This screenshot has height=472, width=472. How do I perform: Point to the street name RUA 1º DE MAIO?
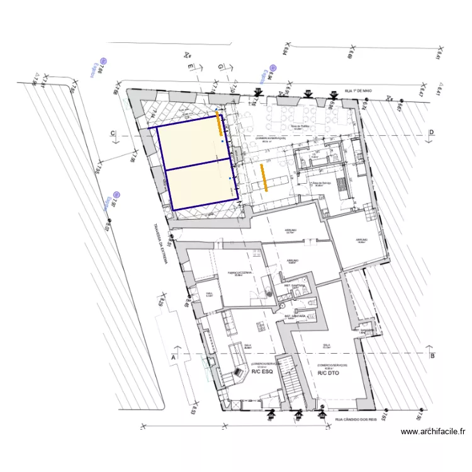pos(359,91)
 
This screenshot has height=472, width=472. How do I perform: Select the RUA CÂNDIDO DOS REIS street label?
pos(356,419)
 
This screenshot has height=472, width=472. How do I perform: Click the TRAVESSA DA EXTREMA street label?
pos(157,245)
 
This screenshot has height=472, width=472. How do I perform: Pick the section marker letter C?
pos(113,133)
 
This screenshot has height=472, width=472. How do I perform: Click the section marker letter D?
pos(432,132)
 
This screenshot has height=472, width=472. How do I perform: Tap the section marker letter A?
pos(172,357)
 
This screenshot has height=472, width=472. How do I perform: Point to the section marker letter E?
pos(188,66)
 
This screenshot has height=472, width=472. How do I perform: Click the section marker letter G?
pos(220,66)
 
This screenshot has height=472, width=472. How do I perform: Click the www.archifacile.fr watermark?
pos(433,432)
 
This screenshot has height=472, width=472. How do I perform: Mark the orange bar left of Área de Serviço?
pos(266,177)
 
